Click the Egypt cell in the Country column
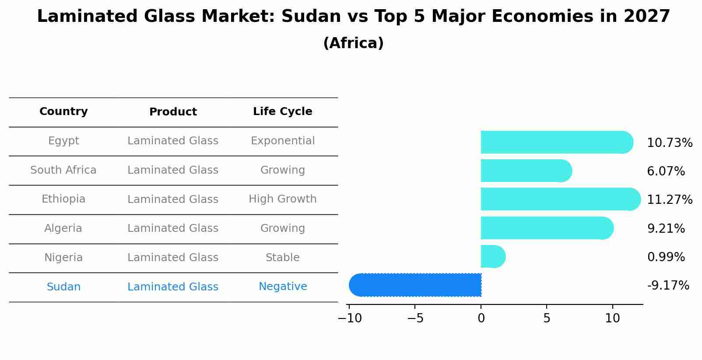pos(63,141)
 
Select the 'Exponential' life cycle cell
pos(282,141)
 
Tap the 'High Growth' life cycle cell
pos(282,199)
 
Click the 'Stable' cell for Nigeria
pos(282,258)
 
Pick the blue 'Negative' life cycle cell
pos(282,287)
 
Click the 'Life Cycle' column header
pos(282,112)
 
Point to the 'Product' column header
pos(173,112)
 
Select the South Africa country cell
pos(63,170)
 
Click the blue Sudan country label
pos(63,287)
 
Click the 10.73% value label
pos(669,143)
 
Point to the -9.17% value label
pos(668,286)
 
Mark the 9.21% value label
pos(666,228)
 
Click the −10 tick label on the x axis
pos(350,318)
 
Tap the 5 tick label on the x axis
pos(547,318)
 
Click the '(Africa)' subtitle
pos(353,43)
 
